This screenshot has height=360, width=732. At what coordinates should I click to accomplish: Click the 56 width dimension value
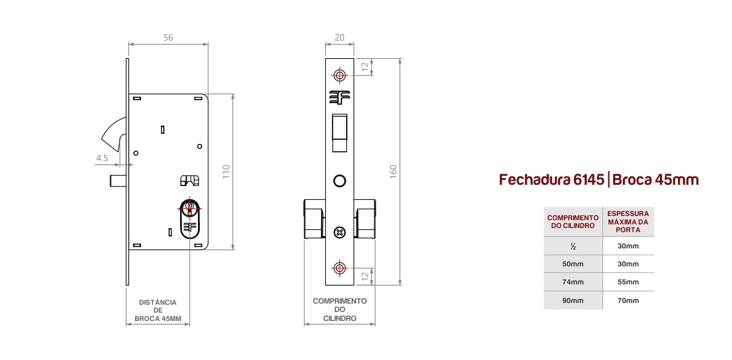pos(168,38)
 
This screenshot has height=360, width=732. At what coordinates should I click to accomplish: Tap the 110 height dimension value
pos(226,172)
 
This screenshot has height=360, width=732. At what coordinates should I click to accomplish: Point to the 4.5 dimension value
pos(102,158)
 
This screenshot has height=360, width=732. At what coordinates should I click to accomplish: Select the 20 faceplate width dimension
pos(340,38)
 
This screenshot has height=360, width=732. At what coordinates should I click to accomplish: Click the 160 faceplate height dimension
pos(393,172)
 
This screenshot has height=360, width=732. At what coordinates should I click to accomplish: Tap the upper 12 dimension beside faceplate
pos(365,67)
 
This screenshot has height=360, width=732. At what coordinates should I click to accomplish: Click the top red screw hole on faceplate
pos(340,76)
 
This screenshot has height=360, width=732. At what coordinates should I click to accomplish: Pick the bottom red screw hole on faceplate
pos(340,268)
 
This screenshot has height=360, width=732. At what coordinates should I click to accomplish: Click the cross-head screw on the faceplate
pos(340,233)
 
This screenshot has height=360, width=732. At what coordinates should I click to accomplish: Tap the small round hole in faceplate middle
pos(340,181)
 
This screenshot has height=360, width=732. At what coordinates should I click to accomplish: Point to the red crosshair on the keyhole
pos(190,208)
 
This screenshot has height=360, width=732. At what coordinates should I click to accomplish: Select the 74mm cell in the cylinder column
pos(573,282)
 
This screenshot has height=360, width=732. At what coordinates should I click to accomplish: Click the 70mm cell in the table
pos(628,301)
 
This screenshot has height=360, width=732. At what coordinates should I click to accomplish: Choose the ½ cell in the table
pos(573,247)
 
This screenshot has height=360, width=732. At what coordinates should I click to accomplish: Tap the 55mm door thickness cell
pos(628,282)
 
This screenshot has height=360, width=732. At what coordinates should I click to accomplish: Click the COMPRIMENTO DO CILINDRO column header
pos(573,222)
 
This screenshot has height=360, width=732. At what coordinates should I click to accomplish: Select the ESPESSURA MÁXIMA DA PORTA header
pos(628,222)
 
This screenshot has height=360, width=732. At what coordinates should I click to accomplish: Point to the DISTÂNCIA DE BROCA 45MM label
pos(158,310)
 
